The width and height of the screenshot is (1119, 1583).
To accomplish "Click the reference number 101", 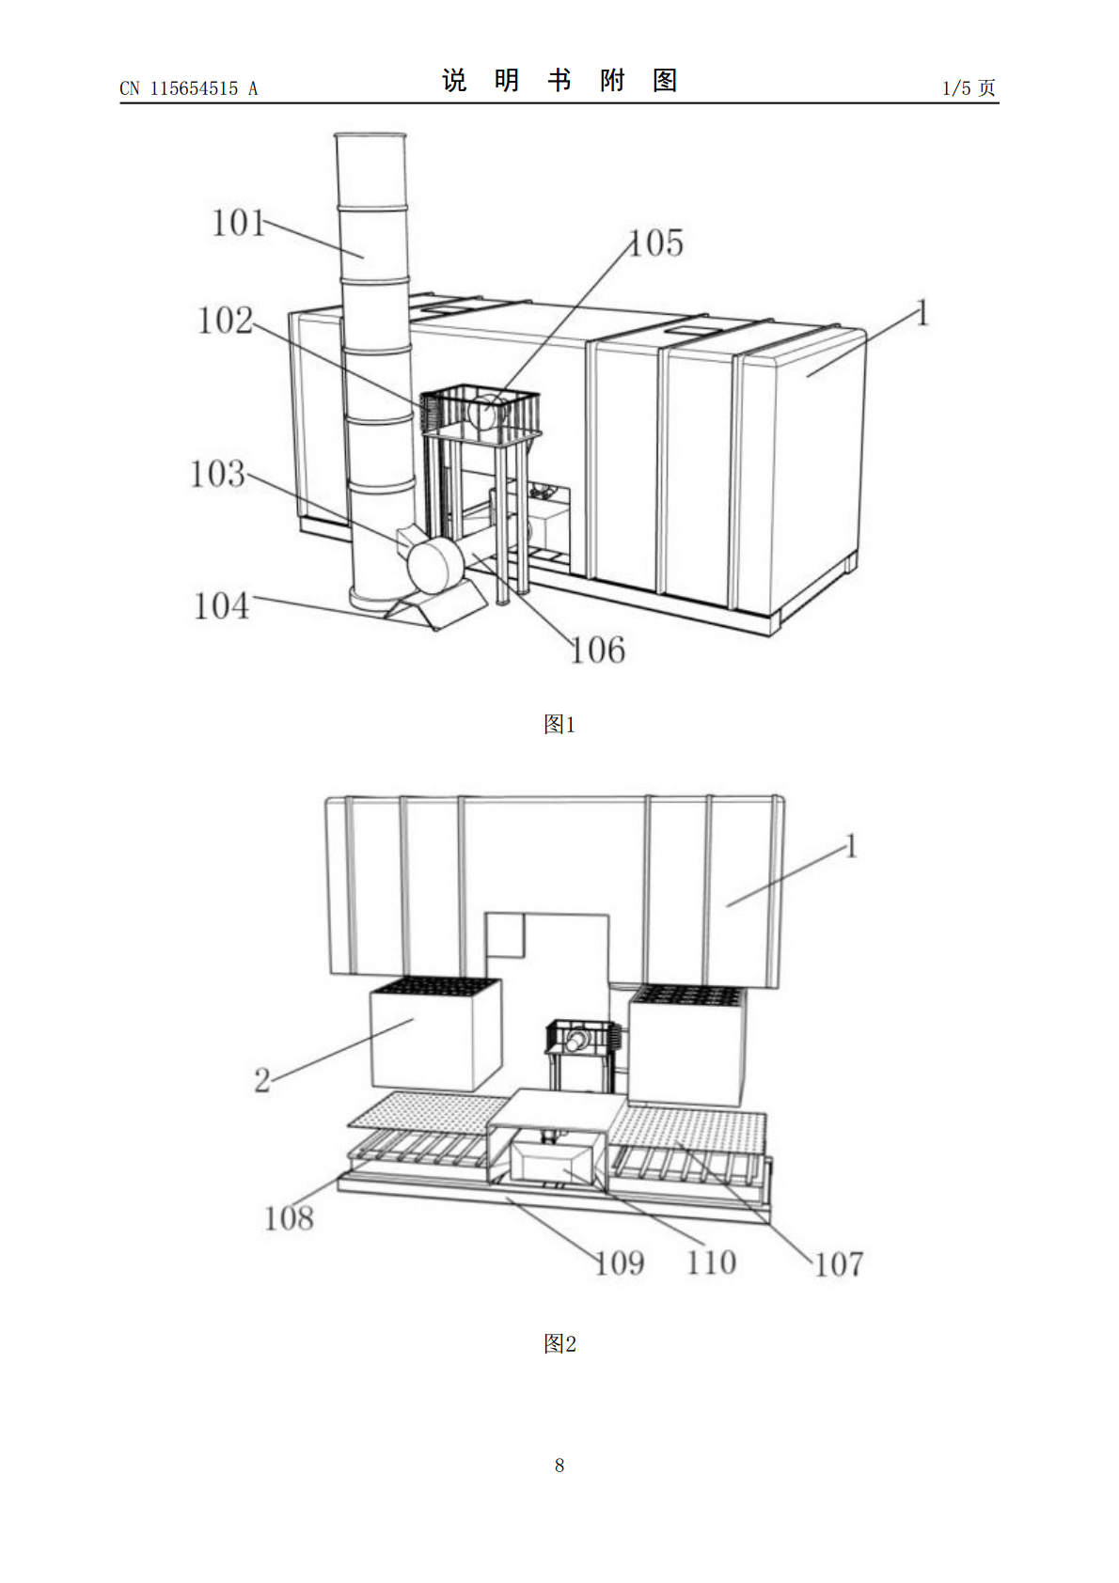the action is [238, 224].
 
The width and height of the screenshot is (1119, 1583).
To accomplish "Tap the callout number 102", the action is [225, 321].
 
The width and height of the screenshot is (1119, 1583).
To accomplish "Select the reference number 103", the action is [218, 474].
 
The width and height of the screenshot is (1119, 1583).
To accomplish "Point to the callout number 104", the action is [221, 606].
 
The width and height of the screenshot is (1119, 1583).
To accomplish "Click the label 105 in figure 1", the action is [656, 243].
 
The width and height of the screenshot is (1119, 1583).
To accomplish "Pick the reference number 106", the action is [598, 650].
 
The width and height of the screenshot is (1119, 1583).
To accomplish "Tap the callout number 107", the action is [839, 1264].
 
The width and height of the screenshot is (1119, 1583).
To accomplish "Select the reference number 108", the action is [289, 1218].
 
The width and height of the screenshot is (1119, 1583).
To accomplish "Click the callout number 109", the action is [620, 1263].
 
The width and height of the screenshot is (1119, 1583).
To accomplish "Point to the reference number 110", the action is [712, 1262].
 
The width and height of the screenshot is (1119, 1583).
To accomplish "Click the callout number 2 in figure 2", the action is [262, 1080].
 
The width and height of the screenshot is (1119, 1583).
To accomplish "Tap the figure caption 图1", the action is [559, 725].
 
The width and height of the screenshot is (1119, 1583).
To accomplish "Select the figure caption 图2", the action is [559, 1343].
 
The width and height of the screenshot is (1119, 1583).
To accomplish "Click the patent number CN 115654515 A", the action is [189, 88].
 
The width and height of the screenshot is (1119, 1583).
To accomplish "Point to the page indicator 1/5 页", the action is [969, 87].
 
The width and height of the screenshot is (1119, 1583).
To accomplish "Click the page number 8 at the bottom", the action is [559, 1465].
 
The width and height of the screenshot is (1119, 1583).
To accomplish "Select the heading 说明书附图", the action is [559, 81].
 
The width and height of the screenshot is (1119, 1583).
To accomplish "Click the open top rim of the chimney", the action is [370, 135].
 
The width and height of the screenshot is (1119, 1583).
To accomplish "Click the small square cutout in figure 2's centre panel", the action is [504, 935].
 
